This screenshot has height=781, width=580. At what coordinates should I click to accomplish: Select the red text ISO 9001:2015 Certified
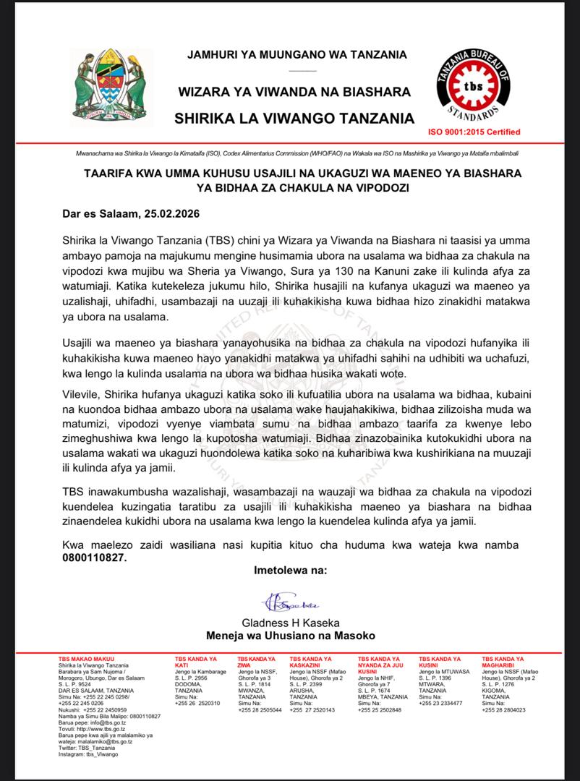[x=474, y=132]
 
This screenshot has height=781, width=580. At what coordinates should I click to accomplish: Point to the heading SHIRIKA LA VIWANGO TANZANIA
[x=294, y=118]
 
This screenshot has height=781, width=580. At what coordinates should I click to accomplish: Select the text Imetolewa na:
[x=290, y=570]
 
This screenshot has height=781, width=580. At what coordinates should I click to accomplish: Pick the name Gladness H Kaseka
[x=290, y=623]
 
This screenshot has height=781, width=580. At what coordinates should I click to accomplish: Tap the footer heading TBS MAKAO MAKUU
[x=85, y=659]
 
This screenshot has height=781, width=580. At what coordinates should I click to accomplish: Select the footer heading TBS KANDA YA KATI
[x=196, y=662]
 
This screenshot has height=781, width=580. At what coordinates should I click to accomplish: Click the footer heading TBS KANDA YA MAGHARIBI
[x=503, y=662]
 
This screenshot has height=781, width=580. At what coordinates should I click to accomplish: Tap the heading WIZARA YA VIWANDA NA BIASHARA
[x=295, y=92]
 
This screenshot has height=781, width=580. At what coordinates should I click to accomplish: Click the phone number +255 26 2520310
[x=197, y=702]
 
